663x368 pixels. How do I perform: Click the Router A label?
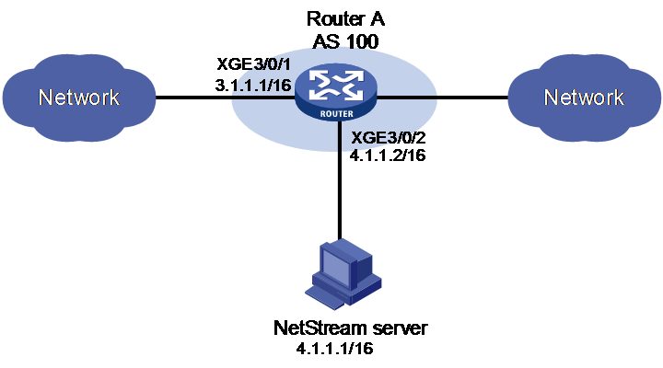345,19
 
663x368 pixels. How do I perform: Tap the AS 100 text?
345,41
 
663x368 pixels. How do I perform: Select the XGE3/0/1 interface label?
254,64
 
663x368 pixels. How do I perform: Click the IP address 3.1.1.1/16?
253,86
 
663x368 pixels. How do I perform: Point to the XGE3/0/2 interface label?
389,138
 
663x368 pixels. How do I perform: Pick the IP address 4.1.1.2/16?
388,155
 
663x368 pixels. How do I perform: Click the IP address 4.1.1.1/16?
335,349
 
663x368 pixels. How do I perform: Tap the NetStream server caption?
351,328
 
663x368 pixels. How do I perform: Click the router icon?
336,94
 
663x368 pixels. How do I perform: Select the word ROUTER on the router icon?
337,114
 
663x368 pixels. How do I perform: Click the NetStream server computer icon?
343,272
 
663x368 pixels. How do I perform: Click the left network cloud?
79,98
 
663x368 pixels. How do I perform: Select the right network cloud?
584,98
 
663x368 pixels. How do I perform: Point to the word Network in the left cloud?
79,98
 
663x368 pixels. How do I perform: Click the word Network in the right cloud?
584,98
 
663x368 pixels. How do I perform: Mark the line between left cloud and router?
226,98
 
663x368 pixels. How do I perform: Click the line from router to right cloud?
442,98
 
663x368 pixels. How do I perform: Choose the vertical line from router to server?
340,181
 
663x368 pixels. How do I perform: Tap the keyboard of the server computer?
326,294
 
